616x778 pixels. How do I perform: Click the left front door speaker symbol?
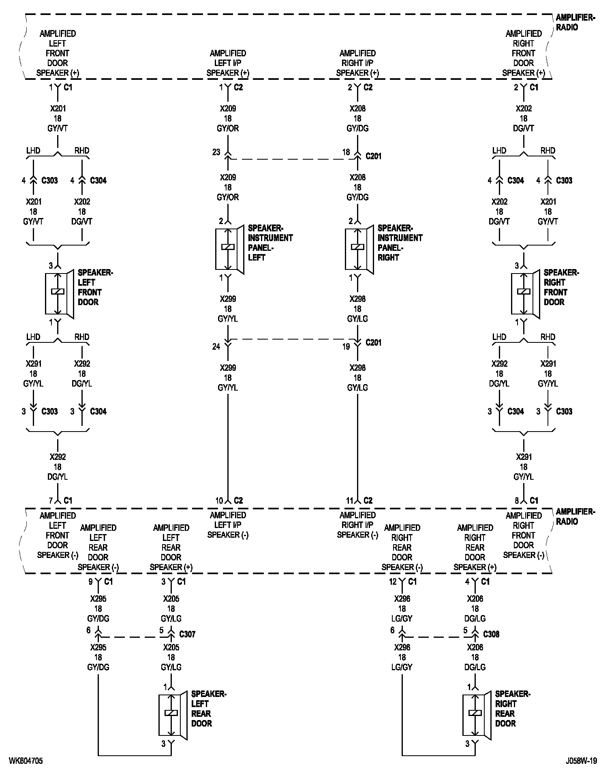pos(58,293)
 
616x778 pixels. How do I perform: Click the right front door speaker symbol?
pos(524,293)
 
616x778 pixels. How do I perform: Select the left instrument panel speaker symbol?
pos(229,248)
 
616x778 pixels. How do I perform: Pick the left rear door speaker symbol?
pos(172,714)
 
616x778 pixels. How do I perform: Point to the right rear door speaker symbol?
pos(476,714)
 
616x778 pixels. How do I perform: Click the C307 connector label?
pos(187,634)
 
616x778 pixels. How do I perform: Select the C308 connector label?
pos(491,634)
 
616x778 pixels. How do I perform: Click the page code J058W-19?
pos(582,761)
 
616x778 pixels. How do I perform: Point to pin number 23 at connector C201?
pos(216,152)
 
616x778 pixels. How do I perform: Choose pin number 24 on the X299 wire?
pos(216,346)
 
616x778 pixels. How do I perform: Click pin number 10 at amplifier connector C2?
pos(219,501)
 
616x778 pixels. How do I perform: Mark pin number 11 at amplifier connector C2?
pos(349,501)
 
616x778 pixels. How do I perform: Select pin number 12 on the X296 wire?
pos(393,582)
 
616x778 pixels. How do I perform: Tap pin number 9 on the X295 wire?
pos(90,582)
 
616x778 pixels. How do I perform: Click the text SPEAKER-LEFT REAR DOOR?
pos(208,709)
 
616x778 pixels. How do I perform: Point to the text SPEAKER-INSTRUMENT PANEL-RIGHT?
pos(400,243)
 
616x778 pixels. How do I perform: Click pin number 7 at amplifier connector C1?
pos(51,501)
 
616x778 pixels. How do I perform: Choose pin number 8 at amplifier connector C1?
pos(517,501)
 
